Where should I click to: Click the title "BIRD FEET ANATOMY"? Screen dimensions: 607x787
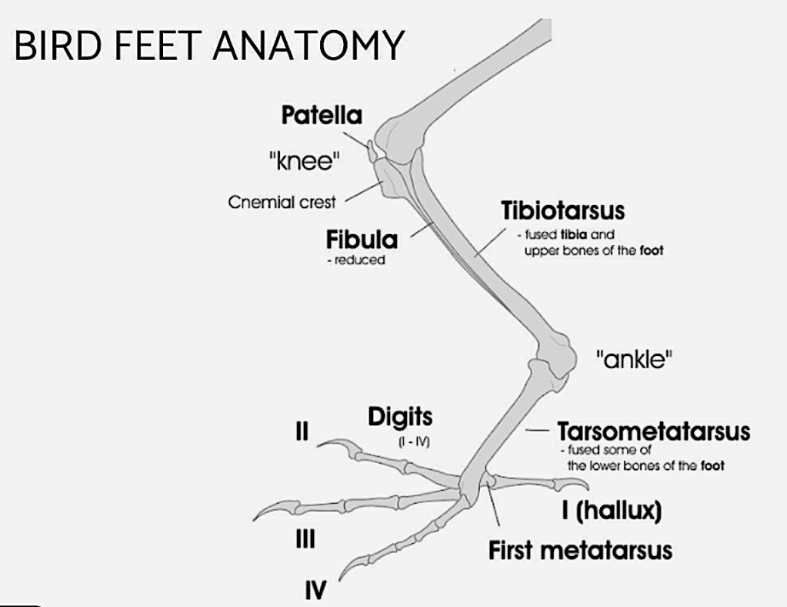[208, 45]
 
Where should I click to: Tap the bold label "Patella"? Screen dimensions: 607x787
[322, 116]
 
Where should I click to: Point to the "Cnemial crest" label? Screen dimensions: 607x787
[282, 203]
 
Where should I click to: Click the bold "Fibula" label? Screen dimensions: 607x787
[362, 240]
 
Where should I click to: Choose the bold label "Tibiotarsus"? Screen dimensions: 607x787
[562, 210]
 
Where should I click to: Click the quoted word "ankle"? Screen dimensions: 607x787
[630, 359]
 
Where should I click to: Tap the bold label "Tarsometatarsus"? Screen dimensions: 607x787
[653, 431]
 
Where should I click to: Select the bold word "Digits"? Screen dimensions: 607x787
[400, 417]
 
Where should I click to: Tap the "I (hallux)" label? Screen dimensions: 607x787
[612, 511]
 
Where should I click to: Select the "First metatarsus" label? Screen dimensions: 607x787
[580, 551]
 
